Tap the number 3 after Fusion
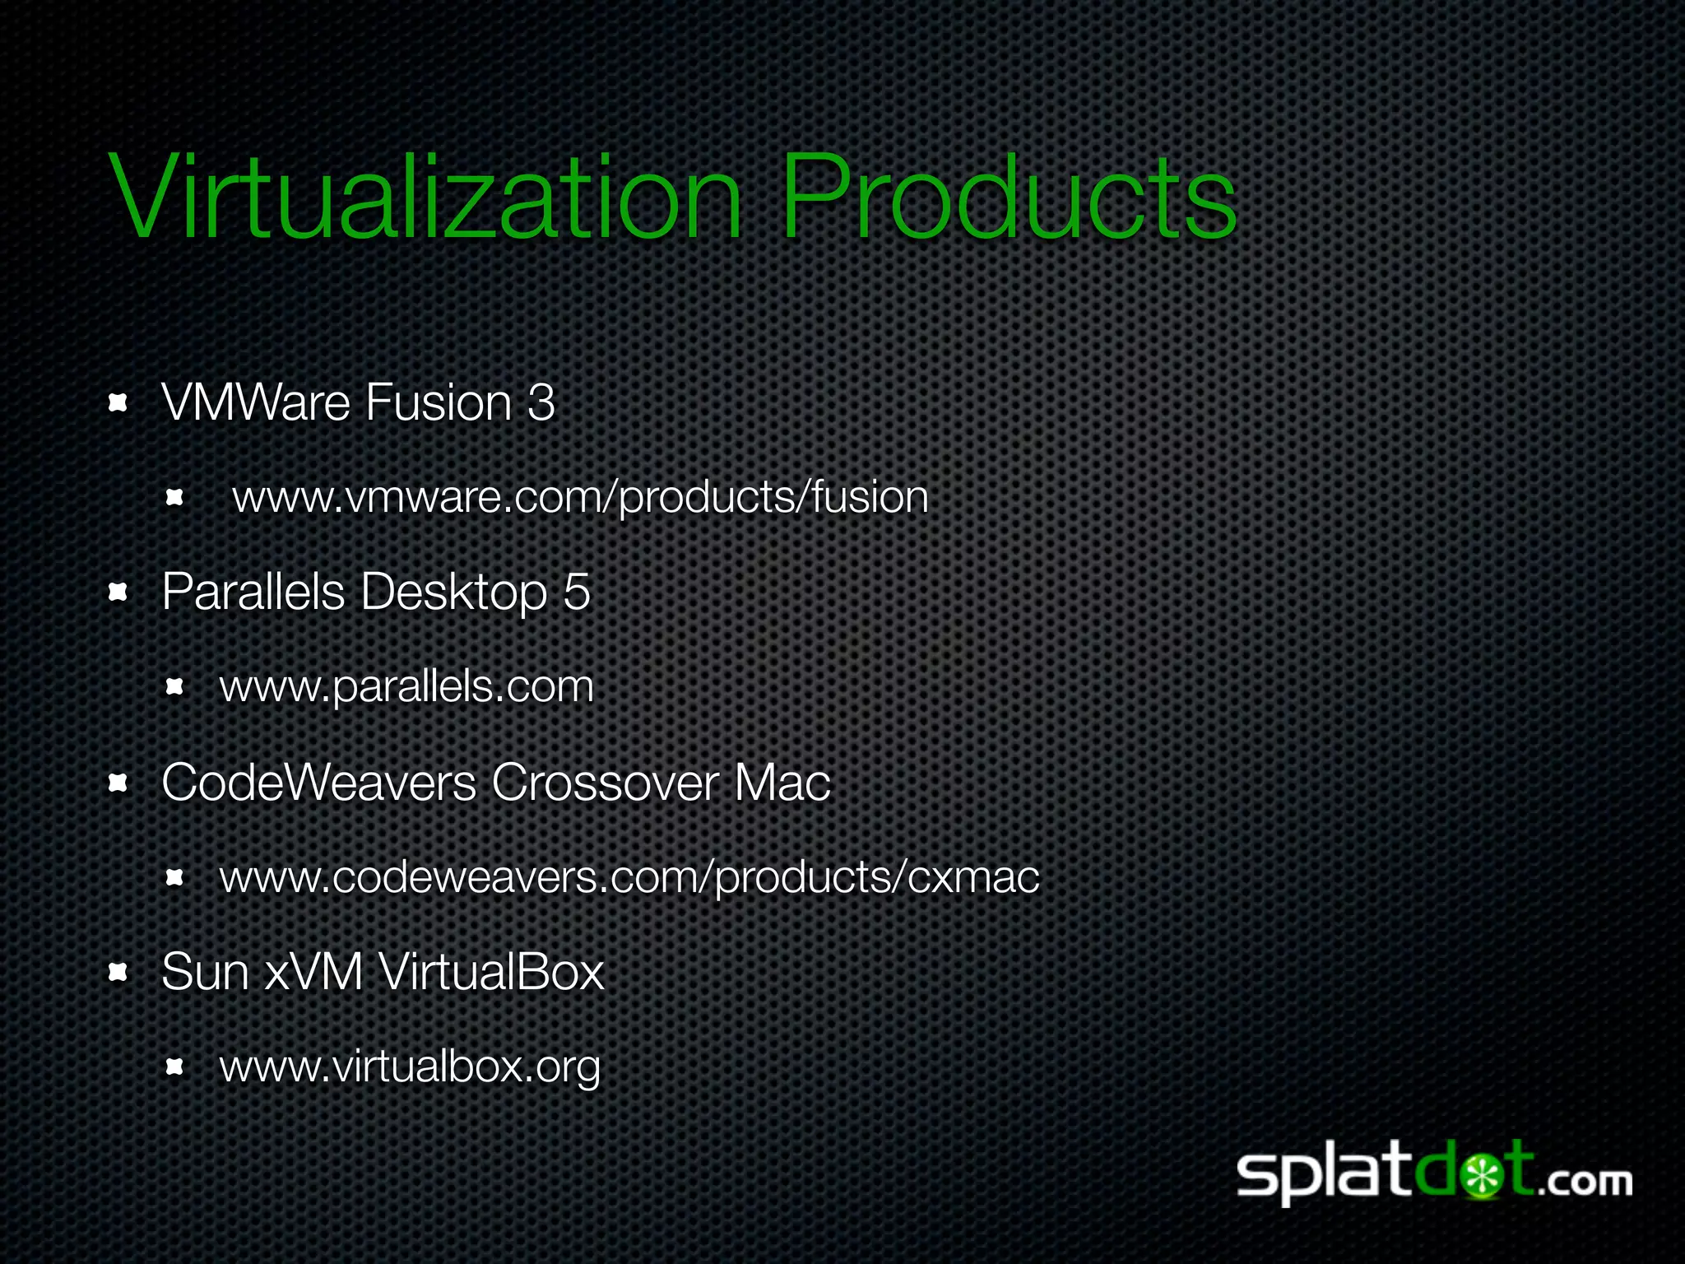click(x=541, y=402)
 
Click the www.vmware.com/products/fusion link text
click(x=580, y=498)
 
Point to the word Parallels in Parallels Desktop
click(x=253, y=592)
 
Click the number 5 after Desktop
click(x=577, y=592)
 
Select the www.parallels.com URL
click(x=406, y=687)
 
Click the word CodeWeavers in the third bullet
click(x=319, y=782)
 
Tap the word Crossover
click(x=605, y=782)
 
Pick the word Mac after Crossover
click(x=782, y=782)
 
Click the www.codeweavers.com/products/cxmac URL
click(x=629, y=877)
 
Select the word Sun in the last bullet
click(x=205, y=972)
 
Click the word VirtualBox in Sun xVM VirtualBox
click(x=491, y=972)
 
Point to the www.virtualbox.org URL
click(x=410, y=1067)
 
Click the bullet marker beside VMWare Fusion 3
click(x=118, y=403)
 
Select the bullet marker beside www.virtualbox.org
click(x=174, y=1067)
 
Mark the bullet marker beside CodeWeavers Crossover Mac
click(x=118, y=783)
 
